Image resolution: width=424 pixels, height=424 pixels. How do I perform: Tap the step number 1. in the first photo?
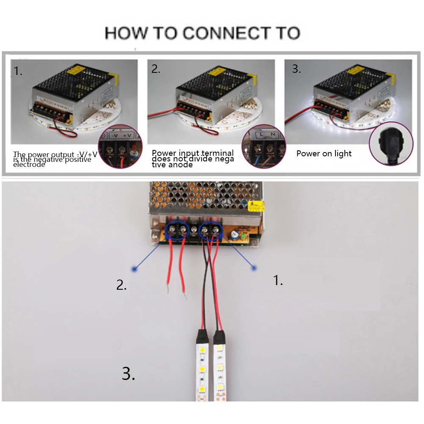[x=18, y=71]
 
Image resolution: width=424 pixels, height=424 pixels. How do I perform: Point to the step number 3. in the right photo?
[x=297, y=69]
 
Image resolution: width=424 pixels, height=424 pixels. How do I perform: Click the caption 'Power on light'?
[x=324, y=153]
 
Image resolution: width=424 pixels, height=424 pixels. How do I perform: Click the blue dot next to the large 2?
[x=134, y=269]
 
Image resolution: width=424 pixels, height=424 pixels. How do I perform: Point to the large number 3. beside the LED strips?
[x=128, y=373]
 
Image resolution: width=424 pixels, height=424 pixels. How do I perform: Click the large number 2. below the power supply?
[x=122, y=285]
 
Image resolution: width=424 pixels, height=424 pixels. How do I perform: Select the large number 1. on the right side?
[x=278, y=280]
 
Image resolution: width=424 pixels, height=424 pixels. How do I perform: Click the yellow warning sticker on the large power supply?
[x=258, y=206]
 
